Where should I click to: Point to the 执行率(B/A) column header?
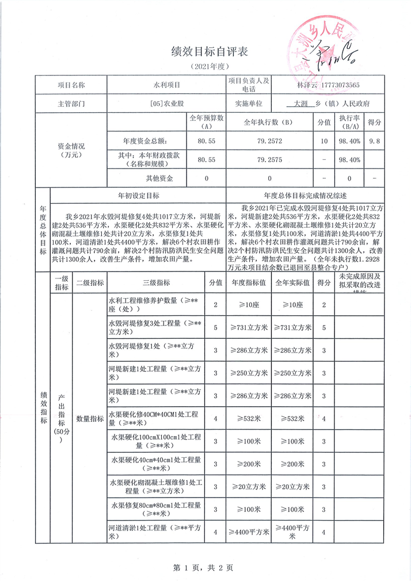351,122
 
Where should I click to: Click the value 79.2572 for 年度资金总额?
269,140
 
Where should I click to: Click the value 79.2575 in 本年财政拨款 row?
269,159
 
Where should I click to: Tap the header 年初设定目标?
138,196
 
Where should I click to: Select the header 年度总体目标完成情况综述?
304,196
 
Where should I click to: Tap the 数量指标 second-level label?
90,418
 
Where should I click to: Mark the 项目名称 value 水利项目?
166,85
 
